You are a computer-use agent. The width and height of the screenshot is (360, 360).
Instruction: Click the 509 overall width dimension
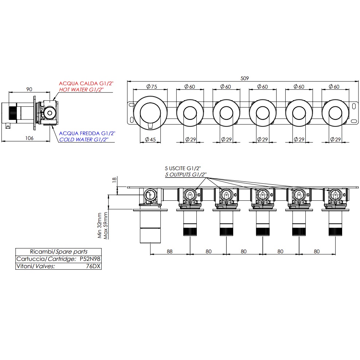244,78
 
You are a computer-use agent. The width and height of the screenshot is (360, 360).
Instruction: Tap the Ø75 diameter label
152,87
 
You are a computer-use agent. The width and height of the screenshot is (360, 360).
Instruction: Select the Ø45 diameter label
150,139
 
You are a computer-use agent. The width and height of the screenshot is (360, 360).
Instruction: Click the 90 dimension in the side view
29,89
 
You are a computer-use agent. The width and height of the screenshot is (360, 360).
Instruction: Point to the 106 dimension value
29,138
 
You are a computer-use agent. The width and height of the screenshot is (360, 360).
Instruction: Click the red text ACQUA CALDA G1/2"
86,83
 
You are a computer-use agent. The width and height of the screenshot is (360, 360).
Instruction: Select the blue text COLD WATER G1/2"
83,139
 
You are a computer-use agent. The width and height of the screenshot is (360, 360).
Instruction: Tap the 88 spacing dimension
169,251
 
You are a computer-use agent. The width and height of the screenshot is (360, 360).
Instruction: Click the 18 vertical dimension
114,180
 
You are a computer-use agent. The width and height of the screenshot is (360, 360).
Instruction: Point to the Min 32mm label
99,226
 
